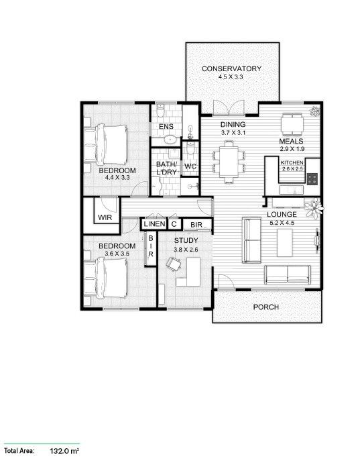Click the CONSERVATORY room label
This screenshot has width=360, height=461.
tap(231, 69)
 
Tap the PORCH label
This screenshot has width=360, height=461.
tap(265, 307)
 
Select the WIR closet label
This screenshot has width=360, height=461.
tap(105, 217)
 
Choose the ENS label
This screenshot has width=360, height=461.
tap(166, 127)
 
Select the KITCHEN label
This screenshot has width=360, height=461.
tap(292, 163)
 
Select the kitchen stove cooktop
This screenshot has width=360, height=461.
tap(313, 178)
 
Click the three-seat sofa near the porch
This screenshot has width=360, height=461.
tap(288, 274)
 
